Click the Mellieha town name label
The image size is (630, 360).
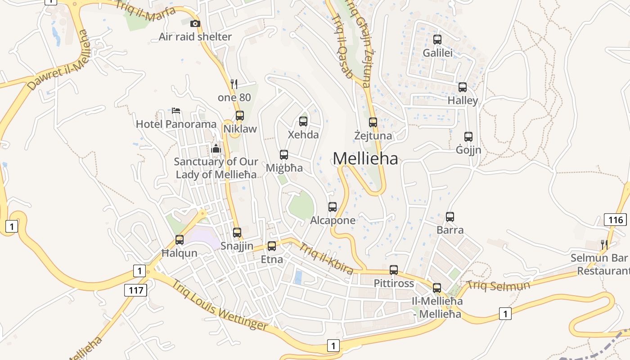pyautogui.click(x=365, y=158)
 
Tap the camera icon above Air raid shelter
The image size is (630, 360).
pyautogui.click(x=195, y=23)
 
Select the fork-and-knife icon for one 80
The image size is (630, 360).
pyautogui.click(x=234, y=84)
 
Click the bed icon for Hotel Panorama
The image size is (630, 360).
pyautogui.click(x=176, y=111)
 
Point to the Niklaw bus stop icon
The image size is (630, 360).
pyautogui.click(x=240, y=116)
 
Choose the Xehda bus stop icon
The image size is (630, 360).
pyautogui.click(x=303, y=121)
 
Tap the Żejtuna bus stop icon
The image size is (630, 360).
pyautogui.click(x=373, y=122)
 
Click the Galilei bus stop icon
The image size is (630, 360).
pyautogui.click(x=437, y=40)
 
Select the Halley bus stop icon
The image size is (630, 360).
pyautogui.click(x=463, y=87)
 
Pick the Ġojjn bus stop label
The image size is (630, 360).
pyautogui.click(x=468, y=150)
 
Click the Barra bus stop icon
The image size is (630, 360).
pyautogui.click(x=450, y=217)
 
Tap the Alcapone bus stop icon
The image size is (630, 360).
pyautogui.click(x=333, y=207)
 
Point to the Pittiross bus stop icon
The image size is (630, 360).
pyautogui.click(x=394, y=270)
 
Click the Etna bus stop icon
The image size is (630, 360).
pyautogui.click(x=272, y=246)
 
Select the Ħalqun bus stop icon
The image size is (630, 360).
pyautogui.click(x=180, y=240)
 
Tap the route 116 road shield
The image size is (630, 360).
pyautogui.click(x=615, y=220)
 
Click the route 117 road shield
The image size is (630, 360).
pyautogui.click(x=136, y=290)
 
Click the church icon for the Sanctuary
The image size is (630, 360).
pyautogui.click(x=216, y=148)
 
